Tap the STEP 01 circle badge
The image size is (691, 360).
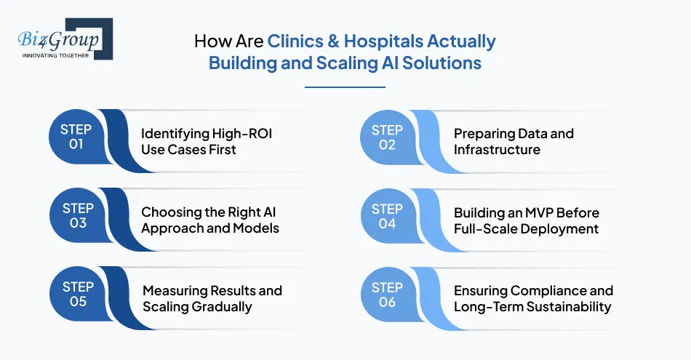point(76,137)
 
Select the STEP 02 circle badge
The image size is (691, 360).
point(387,137)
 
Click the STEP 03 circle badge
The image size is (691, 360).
point(78,215)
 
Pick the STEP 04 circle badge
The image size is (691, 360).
point(387,215)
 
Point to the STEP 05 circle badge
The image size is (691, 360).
point(78,294)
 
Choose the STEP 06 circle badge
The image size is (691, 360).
point(387,294)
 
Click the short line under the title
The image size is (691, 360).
point(345,87)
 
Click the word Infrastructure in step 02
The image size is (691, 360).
point(497,150)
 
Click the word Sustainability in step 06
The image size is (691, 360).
point(566,306)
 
